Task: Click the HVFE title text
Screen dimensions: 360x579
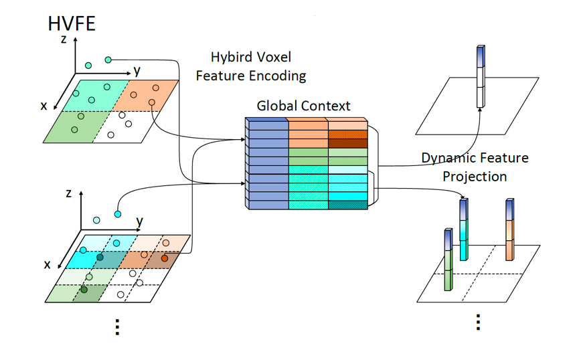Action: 72,23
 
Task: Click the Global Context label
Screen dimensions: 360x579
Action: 303,106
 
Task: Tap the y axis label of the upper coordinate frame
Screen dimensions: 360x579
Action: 137,70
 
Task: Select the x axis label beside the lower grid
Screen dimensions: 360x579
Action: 47,264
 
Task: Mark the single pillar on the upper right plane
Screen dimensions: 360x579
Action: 480,76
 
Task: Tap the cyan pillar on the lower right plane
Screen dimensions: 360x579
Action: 463,230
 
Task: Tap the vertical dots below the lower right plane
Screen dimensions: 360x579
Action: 478,323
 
